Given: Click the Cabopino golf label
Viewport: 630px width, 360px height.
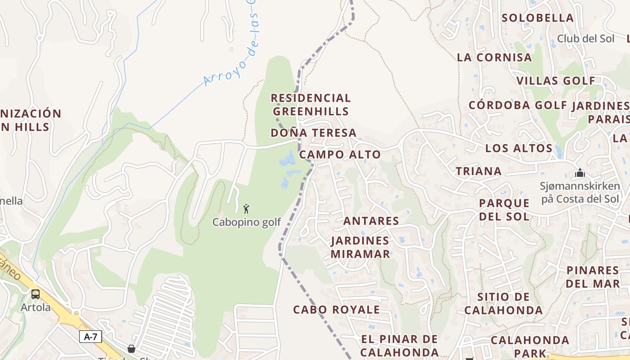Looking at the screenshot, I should coord(246,222).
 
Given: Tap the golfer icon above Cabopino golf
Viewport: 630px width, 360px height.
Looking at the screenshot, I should coord(246,209).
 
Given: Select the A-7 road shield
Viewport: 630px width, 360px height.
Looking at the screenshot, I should coord(90,337).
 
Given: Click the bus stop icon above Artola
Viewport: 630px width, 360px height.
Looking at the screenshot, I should coord(36,294).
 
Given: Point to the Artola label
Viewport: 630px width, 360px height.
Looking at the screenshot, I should coord(36,307).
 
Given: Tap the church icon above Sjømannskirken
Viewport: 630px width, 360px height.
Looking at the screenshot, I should coord(580,173).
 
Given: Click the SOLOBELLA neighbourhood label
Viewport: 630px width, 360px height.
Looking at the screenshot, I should coord(538,18).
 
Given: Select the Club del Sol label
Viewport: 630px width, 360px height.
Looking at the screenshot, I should coord(585,39).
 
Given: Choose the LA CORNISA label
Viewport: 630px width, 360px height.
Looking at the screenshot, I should coord(494,58).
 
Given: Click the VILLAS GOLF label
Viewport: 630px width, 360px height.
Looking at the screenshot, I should coord(556,81).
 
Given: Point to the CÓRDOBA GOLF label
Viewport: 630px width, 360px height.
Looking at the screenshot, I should coord(518,105).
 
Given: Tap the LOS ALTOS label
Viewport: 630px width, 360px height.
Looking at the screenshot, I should coord(519,148).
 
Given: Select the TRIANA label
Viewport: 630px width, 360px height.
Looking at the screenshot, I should coord(478,171).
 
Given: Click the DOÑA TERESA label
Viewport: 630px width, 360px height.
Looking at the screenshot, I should coord(314,133).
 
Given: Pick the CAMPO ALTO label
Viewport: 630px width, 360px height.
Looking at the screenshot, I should coord(340,154).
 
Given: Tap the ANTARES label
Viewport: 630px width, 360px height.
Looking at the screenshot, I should coord(371,221).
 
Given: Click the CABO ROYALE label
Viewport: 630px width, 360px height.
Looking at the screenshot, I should coord(337,310).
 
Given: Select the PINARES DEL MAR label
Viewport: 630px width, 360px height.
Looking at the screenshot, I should coord(593,277).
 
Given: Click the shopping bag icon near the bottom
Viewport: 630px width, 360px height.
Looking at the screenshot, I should coord(131,349).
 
